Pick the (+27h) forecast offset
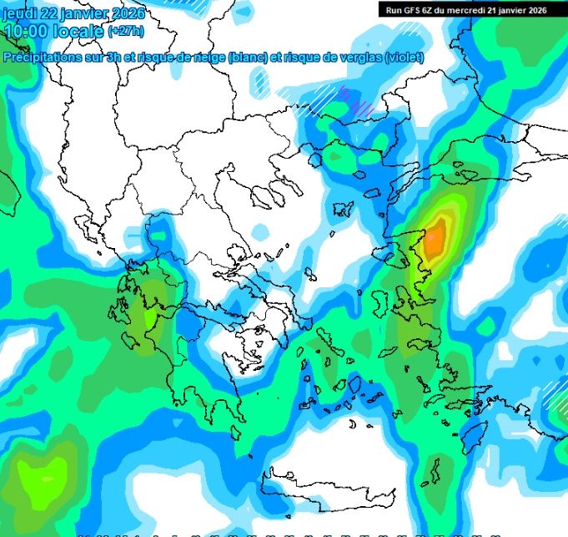pyautogui.click(x=125, y=32)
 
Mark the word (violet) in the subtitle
pyautogui.click(x=404, y=58)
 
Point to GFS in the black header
pyautogui.click(x=411, y=10)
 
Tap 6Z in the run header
pyautogui.click(x=428, y=10)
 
